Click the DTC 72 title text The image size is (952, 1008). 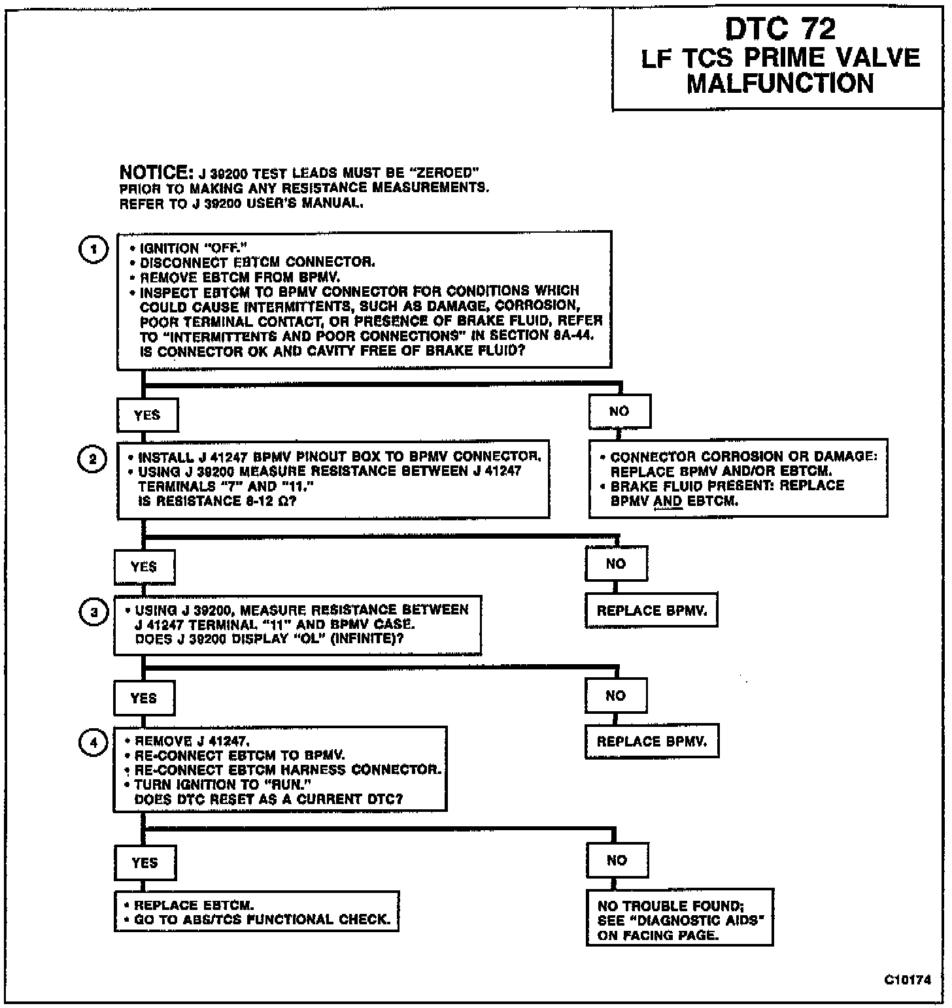780,30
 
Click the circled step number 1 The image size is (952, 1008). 93,250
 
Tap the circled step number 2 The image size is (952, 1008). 92,459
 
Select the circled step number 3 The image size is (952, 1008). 93,613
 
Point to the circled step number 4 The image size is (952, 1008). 93,743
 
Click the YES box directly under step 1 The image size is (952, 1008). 147,415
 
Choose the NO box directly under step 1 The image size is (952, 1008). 619,411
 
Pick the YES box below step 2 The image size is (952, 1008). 144,567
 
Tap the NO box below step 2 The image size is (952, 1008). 616,563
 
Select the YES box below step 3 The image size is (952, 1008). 144,698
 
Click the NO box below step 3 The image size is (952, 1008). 616,696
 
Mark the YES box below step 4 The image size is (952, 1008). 144,863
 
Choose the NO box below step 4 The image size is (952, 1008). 617,860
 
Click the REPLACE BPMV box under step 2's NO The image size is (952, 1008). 651,611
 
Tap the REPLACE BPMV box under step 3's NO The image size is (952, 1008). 651,742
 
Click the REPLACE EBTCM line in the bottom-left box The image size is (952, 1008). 194,905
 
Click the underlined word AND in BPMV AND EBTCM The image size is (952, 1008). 668,501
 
